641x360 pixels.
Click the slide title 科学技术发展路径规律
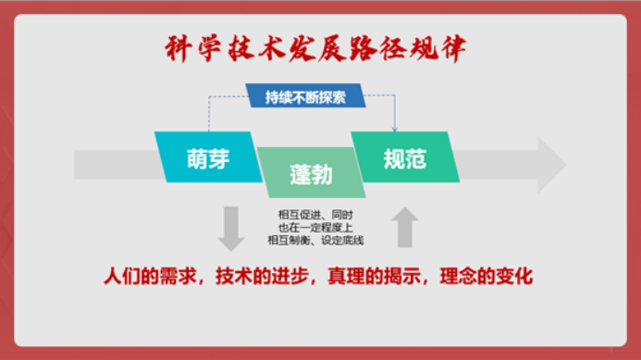(x=315, y=49)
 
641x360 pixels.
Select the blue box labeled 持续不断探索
(x=305, y=95)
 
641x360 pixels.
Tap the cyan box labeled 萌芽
(x=208, y=157)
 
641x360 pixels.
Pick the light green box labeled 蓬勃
(x=311, y=173)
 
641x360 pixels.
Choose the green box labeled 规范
(x=405, y=157)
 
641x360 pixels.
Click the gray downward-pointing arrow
(x=231, y=229)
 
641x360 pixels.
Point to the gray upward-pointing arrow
(x=405, y=227)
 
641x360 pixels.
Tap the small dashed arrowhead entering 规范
(x=394, y=130)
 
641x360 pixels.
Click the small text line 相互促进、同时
(x=315, y=215)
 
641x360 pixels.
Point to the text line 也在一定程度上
(x=315, y=228)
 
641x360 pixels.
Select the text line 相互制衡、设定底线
(x=315, y=240)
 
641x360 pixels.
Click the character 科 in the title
(x=178, y=49)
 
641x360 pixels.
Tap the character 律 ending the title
(x=452, y=49)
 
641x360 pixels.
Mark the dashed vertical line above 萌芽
(x=209, y=114)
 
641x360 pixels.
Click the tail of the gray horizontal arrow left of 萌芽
(x=75, y=165)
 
